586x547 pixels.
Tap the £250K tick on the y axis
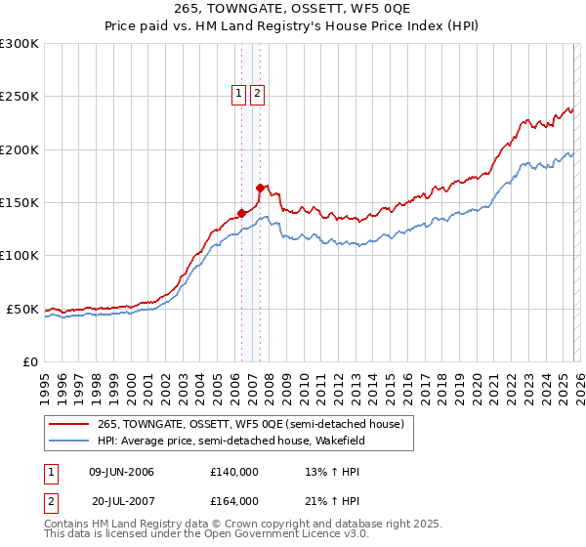[x=20, y=97]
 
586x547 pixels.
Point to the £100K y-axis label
[x=20, y=256]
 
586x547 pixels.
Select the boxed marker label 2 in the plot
[x=257, y=94]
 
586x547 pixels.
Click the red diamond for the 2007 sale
[x=261, y=188]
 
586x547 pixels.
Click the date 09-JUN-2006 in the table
[x=121, y=472]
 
